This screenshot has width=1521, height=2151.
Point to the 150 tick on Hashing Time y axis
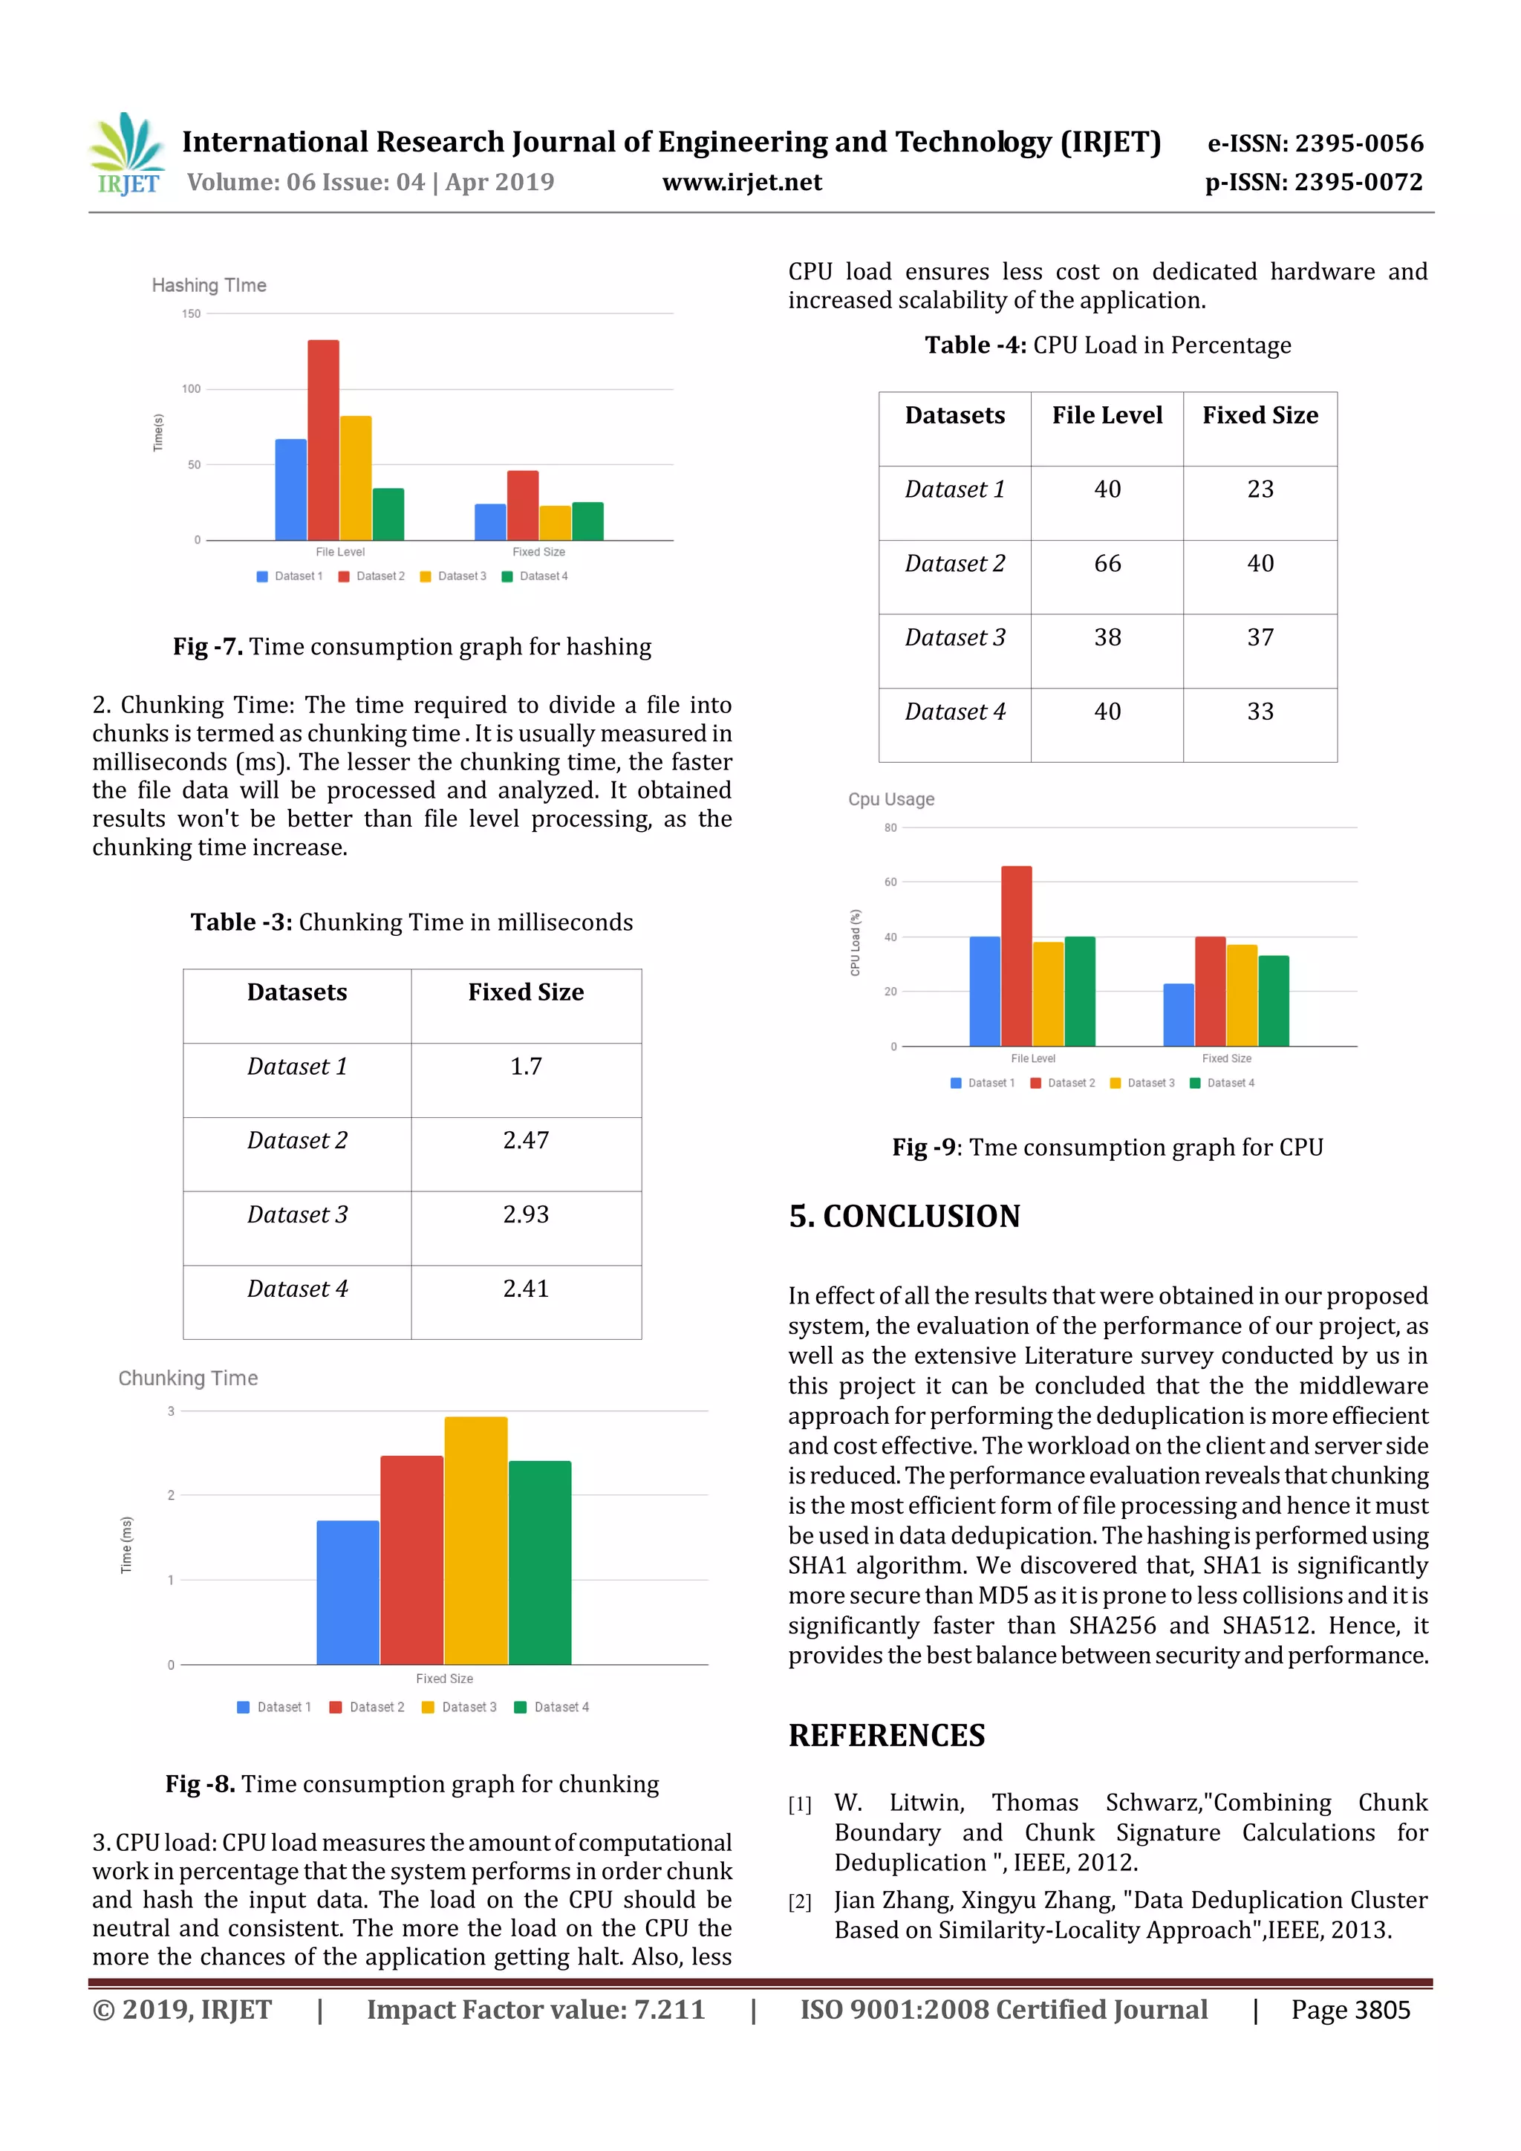(191, 314)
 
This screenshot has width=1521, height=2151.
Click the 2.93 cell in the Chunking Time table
(525, 1214)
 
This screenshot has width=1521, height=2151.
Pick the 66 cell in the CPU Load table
(1107, 563)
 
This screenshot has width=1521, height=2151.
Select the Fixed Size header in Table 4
(1260, 415)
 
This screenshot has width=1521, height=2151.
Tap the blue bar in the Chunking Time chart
(348, 1592)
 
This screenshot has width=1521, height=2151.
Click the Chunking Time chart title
(188, 1378)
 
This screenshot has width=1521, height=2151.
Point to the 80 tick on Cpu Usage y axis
(890, 827)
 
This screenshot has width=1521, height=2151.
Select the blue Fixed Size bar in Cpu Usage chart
(1178, 1015)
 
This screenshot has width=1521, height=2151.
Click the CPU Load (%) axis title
(855, 943)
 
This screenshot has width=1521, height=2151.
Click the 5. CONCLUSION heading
(904, 1216)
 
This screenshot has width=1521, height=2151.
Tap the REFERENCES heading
(886, 1735)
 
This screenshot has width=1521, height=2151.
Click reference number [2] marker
(799, 1901)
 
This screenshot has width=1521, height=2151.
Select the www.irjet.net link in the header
(742, 182)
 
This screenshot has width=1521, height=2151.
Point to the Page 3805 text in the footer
(1349, 2010)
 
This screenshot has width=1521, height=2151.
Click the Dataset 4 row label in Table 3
(297, 1289)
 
